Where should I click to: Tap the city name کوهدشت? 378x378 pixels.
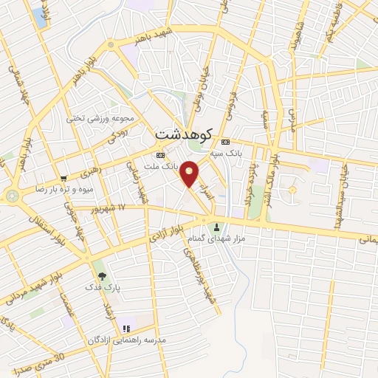coord(185,135)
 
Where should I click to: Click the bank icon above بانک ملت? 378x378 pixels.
coord(160,156)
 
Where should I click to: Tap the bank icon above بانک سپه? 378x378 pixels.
coord(225,142)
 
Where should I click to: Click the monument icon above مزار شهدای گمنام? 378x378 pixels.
coord(216,227)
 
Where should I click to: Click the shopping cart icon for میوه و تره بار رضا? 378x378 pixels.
coord(63,178)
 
